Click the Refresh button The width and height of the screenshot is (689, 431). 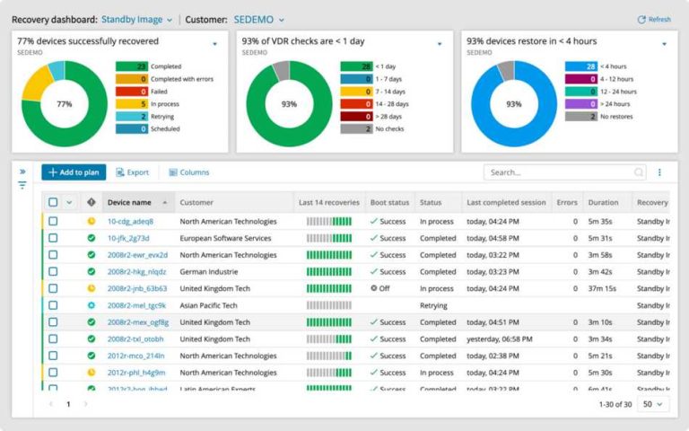pos(653,19)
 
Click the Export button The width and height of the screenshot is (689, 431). pos(132,172)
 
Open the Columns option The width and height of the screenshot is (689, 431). pos(188,172)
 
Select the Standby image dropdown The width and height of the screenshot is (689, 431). pos(136,19)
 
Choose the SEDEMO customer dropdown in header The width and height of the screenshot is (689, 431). pos(258,19)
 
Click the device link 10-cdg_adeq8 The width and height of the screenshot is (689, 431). pos(130,221)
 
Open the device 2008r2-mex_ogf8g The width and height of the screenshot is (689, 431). pos(137,322)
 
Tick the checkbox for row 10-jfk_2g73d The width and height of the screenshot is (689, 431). pos(53,238)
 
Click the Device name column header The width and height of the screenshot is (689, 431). pos(129,203)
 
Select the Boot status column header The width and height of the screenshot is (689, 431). pos(390,203)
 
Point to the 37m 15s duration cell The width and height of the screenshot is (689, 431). pos(603,288)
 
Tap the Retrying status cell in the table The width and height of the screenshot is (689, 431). pos(433,305)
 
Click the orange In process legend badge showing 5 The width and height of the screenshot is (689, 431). pos(131,104)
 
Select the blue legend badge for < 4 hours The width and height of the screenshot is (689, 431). pos(580,66)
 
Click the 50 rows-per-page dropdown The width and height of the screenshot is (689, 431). pos(653,405)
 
